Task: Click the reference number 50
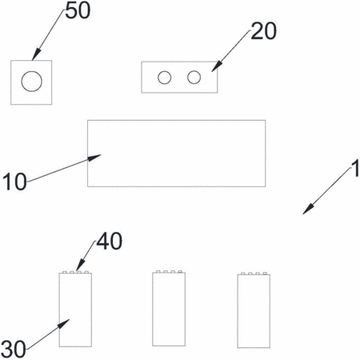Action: [78, 11]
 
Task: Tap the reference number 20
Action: [263, 31]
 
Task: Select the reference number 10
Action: [14, 182]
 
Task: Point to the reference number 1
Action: [355, 169]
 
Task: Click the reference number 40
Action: [110, 241]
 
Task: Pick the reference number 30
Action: [14, 349]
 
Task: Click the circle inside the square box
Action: [32, 82]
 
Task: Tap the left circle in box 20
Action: [164, 78]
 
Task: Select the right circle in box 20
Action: [194, 78]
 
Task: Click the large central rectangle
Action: [176, 154]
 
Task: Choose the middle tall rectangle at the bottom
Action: [169, 310]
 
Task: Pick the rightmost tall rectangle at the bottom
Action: [254, 311]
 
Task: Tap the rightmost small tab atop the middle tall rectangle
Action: [180, 271]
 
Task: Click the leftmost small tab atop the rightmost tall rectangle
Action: [243, 274]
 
